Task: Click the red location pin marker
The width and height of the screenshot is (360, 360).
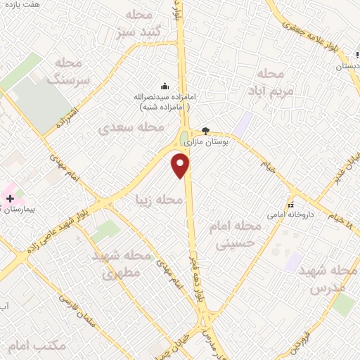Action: click(x=181, y=166)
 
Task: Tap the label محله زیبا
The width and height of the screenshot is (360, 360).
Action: click(x=160, y=200)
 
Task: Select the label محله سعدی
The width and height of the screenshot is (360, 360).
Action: click(x=131, y=128)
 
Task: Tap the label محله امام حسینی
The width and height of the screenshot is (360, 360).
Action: click(x=236, y=235)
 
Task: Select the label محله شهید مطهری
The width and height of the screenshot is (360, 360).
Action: click(x=122, y=264)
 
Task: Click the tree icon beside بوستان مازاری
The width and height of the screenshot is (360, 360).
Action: click(x=205, y=130)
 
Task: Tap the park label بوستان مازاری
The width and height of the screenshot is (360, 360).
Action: click(x=207, y=142)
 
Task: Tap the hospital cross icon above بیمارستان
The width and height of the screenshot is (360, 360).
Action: click(x=10, y=199)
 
